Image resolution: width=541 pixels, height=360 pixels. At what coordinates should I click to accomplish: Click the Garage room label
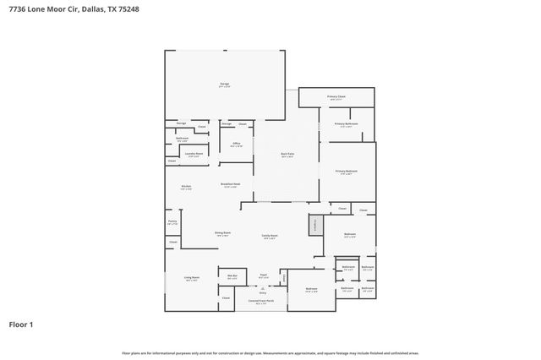point(225,85)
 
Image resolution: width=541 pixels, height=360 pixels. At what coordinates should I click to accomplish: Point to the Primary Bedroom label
point(347,172)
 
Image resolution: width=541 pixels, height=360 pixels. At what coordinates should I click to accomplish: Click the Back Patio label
point(287,155)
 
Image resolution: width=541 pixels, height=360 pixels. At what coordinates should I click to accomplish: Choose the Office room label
point(237,145)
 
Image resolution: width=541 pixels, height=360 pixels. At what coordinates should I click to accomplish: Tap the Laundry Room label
point(194,155)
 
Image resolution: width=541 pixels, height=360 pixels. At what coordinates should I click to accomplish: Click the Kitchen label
point(186,187)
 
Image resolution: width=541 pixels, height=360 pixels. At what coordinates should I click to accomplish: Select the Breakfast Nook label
point(230,185)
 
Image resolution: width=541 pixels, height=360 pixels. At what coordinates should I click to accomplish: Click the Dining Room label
point(223,233)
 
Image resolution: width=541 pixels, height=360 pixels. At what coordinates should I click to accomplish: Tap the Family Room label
point(270,237)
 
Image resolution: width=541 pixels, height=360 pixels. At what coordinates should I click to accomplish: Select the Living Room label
point(192,278)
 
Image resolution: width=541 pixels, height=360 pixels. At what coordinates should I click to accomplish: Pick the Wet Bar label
point(232,276)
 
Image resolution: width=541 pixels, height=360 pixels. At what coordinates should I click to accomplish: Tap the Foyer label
point(263,275)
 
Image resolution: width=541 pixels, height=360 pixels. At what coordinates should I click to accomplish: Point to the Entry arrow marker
point(262,292)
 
